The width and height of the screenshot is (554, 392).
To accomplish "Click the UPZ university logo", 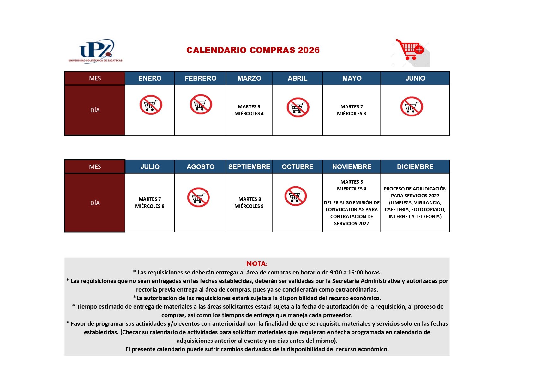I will pos(95,51).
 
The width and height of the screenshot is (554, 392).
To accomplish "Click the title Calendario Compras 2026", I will pos(253,50).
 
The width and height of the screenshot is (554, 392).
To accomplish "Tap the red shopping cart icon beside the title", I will pos(411,51).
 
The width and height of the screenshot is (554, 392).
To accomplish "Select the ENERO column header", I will pos(150,78).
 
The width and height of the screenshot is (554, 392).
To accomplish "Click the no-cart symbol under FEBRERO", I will pos(201,105).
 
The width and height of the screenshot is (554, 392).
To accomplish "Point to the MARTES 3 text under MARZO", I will pos(249,107).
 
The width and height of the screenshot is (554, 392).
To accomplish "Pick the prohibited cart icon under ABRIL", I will pos(298,107).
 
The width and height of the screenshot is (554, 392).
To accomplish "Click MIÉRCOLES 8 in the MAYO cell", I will pos(352,114).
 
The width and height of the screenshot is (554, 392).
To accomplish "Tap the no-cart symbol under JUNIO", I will pos(412,106).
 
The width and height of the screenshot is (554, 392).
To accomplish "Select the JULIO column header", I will pos(150,167).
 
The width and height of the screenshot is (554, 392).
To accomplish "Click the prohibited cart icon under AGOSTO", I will pos(198,197).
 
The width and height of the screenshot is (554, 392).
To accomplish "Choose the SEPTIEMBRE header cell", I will pos(249,167).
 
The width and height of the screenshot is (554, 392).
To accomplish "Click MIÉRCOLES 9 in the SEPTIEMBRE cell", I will pos(249,206).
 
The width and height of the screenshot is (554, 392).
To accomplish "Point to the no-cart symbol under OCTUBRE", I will pos(296,196).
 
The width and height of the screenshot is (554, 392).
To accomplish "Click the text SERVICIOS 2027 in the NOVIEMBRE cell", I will pos(352,224).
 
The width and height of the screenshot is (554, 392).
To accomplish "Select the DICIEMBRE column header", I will pos(415,167).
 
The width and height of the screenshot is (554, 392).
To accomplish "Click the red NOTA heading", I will pos(257,264).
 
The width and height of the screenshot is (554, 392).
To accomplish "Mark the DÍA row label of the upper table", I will pos(95,110).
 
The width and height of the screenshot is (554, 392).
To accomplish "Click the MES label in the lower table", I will pos(95,167).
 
